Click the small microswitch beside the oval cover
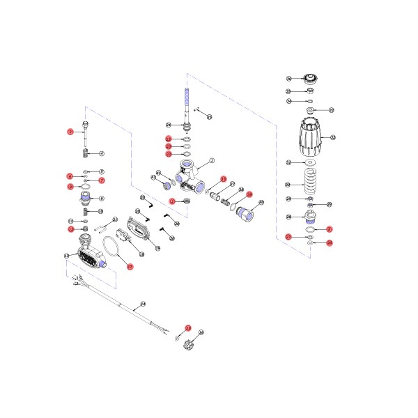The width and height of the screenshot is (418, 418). pos(123,239)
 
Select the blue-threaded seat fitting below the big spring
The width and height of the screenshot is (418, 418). pos(311,216)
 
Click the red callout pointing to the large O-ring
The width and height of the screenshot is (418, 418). pos(129,265)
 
